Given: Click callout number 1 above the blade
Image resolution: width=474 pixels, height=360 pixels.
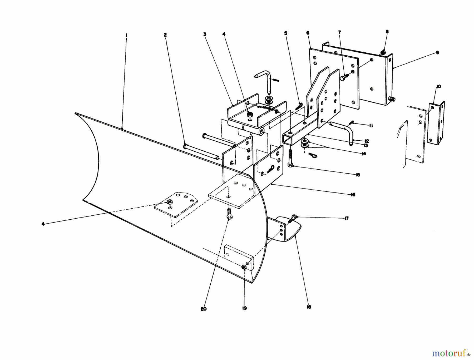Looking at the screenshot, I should (x=126, y=35).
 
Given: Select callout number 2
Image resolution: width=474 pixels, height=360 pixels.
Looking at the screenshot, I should (x=165, y=35).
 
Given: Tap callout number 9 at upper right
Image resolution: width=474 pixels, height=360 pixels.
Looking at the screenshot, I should (x=437, y=53).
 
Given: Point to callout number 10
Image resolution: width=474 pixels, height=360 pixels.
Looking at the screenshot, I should (x=438, y=87).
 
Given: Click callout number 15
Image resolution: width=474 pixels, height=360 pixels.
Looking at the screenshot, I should (x=358, y=175).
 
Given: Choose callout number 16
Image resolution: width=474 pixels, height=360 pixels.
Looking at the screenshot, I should (x=353, y=195).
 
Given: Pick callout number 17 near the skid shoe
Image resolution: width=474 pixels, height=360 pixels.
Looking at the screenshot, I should (x=346, y=218).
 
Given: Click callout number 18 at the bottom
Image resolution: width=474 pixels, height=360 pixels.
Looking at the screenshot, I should (x=309, y=307).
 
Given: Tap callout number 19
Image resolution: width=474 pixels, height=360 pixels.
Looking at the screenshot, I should (x=244, y=308).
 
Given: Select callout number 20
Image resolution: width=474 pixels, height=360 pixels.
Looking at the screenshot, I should (x=203, y=309).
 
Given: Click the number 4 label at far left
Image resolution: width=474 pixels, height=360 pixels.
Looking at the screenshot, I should (x=43, y=224).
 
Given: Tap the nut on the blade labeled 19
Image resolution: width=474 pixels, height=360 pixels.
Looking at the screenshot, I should (x=244, y=267).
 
